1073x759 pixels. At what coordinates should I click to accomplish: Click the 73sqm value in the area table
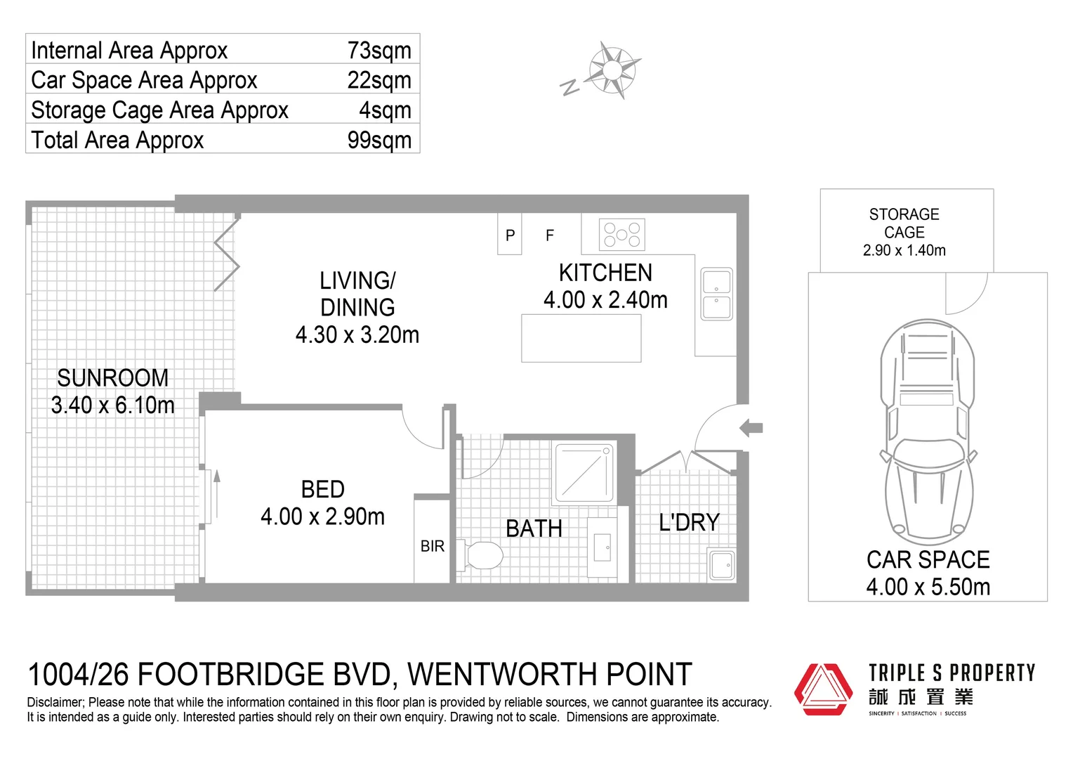click(x=378, y=51)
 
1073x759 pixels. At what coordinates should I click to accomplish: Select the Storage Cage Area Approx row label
click(x=159, y=110)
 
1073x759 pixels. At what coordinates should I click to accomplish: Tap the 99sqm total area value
click(x=378, y=140)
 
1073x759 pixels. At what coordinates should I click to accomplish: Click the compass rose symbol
click(x=613, y=69)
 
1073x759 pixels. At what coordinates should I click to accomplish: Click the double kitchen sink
click(x=716, y=294)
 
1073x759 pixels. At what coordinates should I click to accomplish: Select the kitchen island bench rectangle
click(x=581, y=338)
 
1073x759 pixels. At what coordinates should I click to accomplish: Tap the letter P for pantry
click(x=510, y=235)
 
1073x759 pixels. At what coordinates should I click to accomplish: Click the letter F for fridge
click(x=550, y=235)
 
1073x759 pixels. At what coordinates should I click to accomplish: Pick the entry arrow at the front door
click(x=751, y=427)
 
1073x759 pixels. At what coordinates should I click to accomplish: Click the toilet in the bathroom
click(x=484, y=556)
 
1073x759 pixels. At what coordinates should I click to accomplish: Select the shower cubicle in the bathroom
click(x=584, y=472)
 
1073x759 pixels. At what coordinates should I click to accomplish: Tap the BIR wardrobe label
click(x=432, y=546)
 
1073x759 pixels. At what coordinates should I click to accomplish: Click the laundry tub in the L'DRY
click(x=721, y=565)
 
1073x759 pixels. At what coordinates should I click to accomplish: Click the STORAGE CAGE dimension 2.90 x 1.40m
click(x=904, y=250)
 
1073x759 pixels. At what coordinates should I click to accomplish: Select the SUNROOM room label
click(x=112, y=378)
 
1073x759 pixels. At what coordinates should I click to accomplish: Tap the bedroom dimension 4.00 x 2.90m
click(x=322, y=517)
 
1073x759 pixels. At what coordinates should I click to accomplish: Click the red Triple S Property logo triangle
click(x=823, y=689)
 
